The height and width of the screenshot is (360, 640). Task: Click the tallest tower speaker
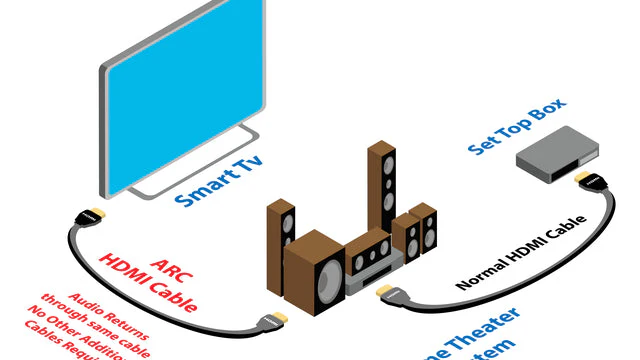click(381, 190)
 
